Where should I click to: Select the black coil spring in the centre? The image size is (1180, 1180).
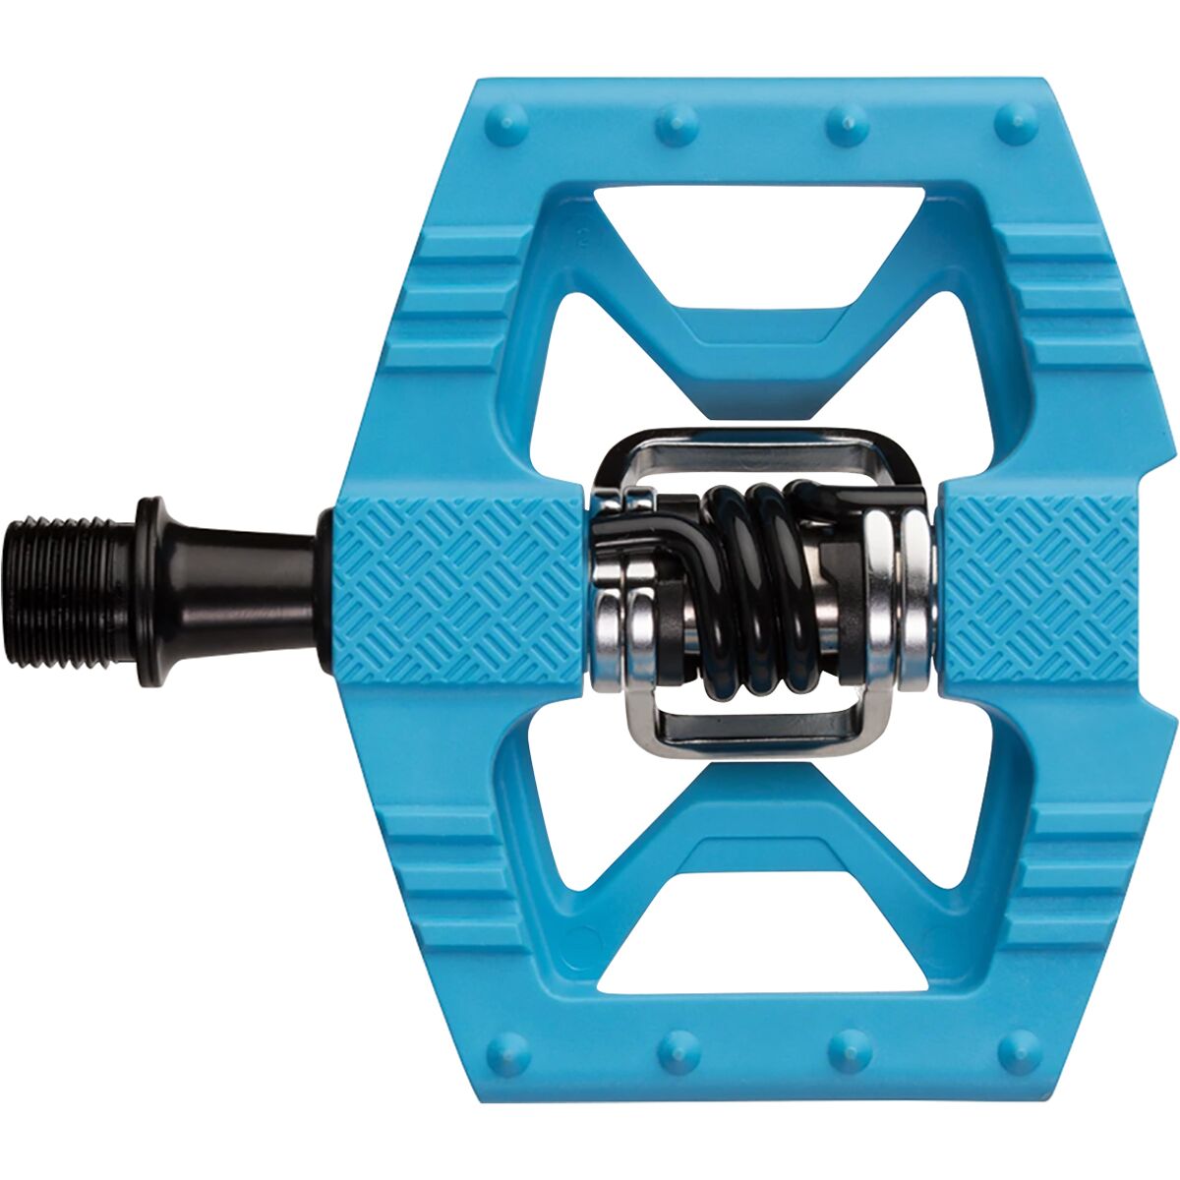757,590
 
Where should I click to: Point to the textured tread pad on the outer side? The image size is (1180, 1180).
1042,590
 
